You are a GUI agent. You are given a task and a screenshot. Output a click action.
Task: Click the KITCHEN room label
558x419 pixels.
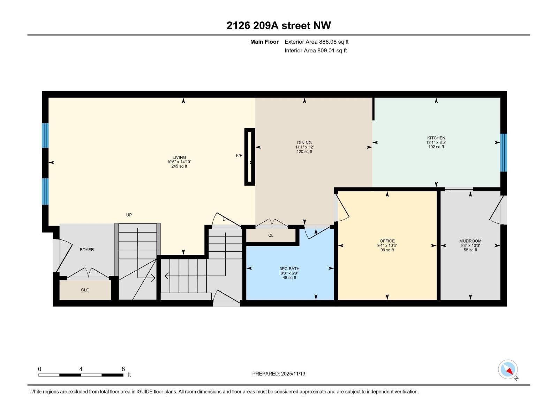pyautogui.click(x=436, y=138)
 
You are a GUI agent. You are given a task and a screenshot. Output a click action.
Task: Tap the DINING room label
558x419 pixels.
pyautogui.click(x=304, y=142)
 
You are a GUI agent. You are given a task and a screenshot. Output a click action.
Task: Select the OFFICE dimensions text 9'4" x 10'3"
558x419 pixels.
pyautogui.click(x=387, y=245)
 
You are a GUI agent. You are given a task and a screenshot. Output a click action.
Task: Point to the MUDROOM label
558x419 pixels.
pyautogui.click(x=470, y=241)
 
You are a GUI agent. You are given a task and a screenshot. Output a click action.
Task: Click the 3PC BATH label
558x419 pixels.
pyautogui.click(x=289, y=269)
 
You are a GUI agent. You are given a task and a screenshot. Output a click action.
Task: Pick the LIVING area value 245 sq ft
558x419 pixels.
pyautogui.click(x=179, y=167)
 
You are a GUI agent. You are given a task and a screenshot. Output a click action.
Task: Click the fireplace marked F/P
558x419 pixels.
pyautogui.click(x=249, y=156)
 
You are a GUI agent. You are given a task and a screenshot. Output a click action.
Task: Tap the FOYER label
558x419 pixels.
pyautogui.click(x=87, y=250)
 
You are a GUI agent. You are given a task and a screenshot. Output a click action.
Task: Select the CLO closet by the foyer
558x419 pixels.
pyautogui.click(x=85, y=290)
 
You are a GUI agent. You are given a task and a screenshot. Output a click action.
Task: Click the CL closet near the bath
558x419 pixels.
pyautogui.click(x=271, y=235)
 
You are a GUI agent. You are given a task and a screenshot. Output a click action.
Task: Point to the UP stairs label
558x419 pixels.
pyautogui.click(x=129, y=215)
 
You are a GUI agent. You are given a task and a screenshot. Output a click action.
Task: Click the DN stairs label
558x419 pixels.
pyautogui.click(x=226, y=219)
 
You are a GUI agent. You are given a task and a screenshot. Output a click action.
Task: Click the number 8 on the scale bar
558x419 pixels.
pyautogui.click(x=123, y=369)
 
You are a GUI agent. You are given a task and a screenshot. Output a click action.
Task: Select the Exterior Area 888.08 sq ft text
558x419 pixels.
pyautogui.click(x=316, y=42)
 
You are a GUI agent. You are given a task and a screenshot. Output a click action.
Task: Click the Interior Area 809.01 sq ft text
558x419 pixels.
pyautogui.click(x=316, y=51)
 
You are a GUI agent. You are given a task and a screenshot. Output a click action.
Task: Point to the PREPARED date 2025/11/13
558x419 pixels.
pyautogui.click(x=279, y=374)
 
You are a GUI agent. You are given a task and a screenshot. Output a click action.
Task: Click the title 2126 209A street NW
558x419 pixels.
pyautogui.click(x=279, y=25)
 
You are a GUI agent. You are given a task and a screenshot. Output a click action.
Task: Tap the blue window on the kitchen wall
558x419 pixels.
pyautogui.click(x=503, y=153)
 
